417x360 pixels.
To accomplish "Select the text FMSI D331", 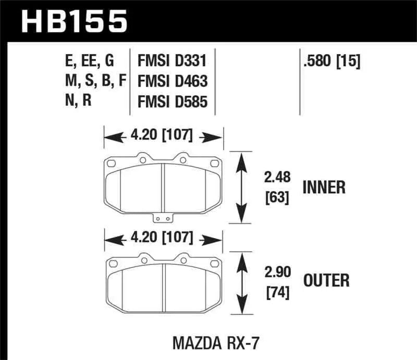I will pos(172,61).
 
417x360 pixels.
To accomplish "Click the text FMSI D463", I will pos(173,81).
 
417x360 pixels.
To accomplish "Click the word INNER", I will pos(323,188).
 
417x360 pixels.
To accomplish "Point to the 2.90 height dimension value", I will pos(277,272).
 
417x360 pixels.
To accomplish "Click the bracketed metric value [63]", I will pos(276,198).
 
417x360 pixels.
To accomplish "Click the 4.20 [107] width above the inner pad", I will pos(164,137).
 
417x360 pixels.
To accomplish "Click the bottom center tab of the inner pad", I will pos(164,218).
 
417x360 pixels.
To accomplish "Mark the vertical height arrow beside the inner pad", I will pos(241,188).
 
